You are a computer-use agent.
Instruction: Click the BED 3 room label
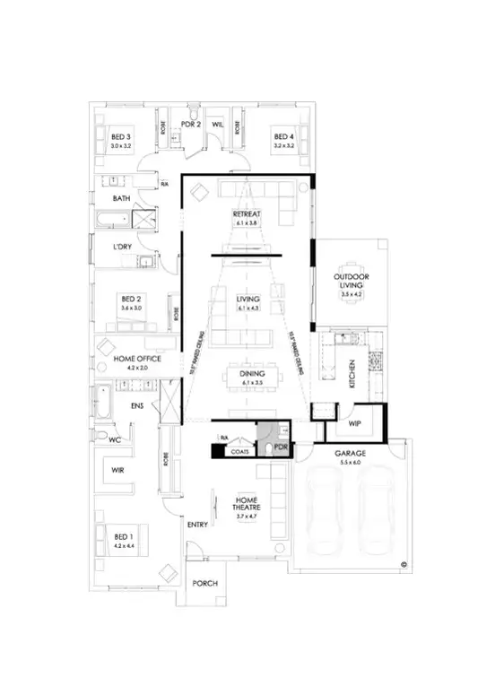click(120, 136)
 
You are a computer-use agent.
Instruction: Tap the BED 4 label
click(283, 136)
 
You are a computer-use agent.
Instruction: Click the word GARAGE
click(350, 455)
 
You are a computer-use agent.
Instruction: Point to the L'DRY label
click(123, 247)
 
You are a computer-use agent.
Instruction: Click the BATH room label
click(122, 198)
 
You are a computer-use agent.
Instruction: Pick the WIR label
click(117, 469)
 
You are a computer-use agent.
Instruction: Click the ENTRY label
click(197, 524)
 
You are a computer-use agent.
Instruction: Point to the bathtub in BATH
click(111, 218)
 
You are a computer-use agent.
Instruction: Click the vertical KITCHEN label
click(353, 368)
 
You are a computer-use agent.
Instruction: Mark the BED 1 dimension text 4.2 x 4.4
click(122, 544)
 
